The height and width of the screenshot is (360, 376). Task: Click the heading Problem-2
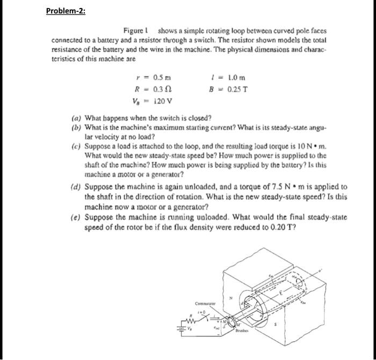66,11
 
